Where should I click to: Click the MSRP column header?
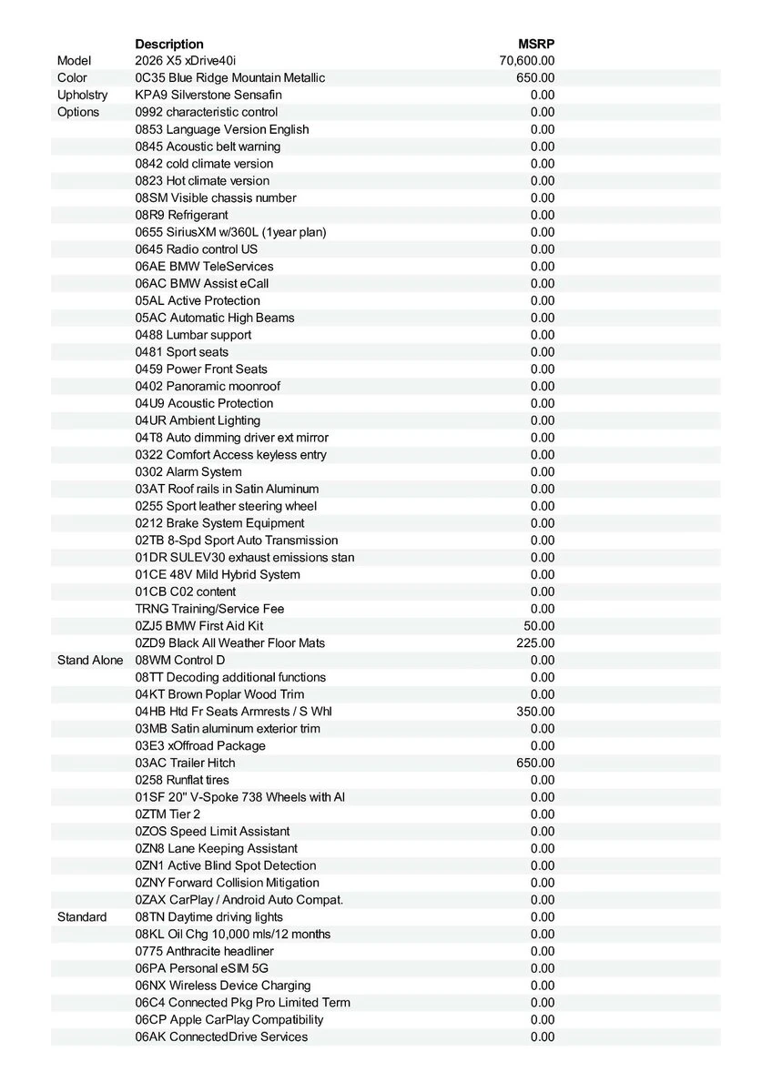[x=536, y=44]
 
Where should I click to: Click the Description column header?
[x=169, y=44]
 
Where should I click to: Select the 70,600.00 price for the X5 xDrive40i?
[x=527, y=61]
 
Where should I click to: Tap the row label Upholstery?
[x=82, y=95]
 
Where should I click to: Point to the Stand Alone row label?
[x=90, y=660]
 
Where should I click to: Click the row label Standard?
[x=82, y=916]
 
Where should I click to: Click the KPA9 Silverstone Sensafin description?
[x=208, y=95]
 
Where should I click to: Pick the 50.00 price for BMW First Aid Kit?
[x=538, y=626]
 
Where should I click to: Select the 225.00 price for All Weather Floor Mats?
[x=535, y=642]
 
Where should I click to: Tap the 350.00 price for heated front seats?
[x=535, y=712]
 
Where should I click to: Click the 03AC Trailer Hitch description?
[x=185, y=763]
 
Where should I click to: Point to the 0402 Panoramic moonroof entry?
[x=208, y=386]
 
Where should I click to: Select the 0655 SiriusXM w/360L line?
[x=230, y=232]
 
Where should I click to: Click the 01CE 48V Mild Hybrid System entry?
[x=218, y=574]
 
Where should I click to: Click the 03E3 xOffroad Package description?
[x=200, y=745]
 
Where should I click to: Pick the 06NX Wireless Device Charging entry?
[x=223, y=986]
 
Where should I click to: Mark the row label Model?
[x=74, y=61]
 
